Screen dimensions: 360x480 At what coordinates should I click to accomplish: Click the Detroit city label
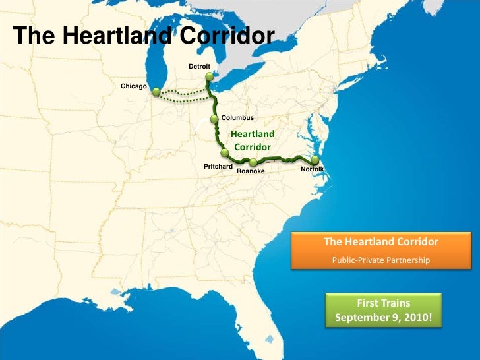tap(199, 67)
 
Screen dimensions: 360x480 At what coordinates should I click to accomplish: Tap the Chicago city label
tap(133, 86)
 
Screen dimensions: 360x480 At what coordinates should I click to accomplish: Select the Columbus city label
tap(237, 117)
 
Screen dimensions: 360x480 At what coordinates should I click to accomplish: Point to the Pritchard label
tap(218, 167)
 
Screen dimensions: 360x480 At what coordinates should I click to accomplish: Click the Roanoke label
tap(251, 171)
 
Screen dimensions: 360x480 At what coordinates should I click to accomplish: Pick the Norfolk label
tap(312, 169)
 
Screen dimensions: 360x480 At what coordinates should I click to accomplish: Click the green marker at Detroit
tap(209, 76)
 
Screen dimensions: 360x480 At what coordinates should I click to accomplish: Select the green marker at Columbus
tap(214, 119)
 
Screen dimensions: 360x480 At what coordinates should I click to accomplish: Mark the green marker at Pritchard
tap(225, 154)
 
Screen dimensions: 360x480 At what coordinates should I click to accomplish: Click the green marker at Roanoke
tap(253, 162)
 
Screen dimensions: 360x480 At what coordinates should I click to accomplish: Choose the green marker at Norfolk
tap(315, 160)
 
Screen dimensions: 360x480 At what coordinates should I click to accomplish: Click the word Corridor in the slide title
tap(224, 36)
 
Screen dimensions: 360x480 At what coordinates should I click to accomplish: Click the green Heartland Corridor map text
tap(253, 140)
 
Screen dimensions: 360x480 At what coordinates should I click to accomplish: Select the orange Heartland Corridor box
tap(380, 250)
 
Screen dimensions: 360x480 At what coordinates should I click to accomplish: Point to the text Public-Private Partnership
tap(380, 260)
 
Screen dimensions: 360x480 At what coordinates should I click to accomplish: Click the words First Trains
tap(383, 303)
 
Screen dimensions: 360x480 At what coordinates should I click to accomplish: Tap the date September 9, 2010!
tap(383, 317)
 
